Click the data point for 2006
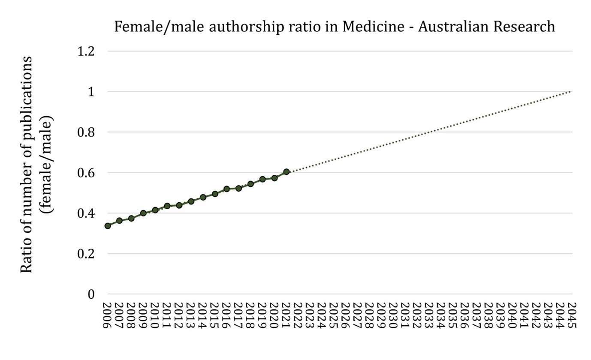(108, 225)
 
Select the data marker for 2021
(286, 172)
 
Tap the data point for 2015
(215, 194)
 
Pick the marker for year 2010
(155, 210)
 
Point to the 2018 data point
(250, 184)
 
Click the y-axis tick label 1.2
(85, 51)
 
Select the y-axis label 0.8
(85, 132)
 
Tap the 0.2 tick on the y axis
(85, 254)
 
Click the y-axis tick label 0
(91, 294)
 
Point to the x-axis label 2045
(572, 315)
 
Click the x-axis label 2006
(108, 315)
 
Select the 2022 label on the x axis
(298, 315)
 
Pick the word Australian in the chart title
(455, 27)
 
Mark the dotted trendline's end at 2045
(571, 91)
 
